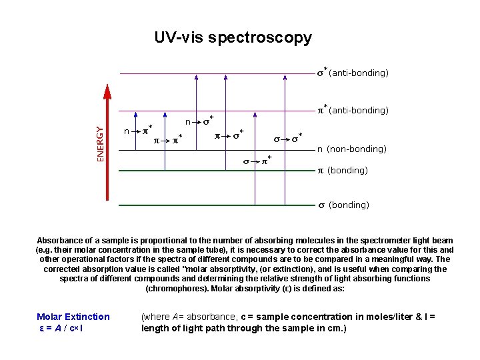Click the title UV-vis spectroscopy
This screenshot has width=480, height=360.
[x=233, y=38]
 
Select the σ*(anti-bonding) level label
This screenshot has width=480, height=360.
[x=352, y=72]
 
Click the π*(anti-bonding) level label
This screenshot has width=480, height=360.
[x=352, y=109]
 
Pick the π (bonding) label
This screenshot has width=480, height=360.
[x=342, y=171]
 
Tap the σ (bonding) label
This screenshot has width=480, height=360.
[x=343, y=205]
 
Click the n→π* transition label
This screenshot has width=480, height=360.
[x=138, y=131]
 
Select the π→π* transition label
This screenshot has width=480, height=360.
[x=169, y=140]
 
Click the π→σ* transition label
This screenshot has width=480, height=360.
[x=229, y=135]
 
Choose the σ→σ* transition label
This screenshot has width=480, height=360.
[x=288, y=139]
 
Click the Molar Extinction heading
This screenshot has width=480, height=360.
[x=73, y=317]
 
